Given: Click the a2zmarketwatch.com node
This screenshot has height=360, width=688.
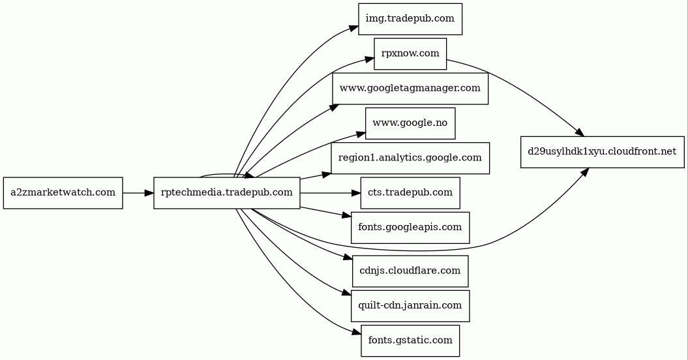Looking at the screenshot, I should click(63, 193).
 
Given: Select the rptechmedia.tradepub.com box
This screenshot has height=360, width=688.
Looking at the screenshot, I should click(226, 193).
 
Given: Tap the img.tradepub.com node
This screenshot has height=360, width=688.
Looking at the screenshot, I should click(410, 18).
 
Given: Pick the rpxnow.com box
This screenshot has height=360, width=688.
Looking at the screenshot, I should click(410, 53).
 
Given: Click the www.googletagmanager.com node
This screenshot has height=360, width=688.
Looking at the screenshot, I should click(410, 88).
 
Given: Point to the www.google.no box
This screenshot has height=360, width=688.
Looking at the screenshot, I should click(410, 123).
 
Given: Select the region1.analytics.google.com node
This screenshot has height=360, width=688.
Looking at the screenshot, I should click(410, 158).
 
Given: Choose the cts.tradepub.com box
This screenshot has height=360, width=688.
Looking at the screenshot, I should click(410, 193).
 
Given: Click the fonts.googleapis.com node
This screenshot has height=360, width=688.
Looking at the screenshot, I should click(410, 228).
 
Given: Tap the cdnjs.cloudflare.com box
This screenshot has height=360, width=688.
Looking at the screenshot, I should click(410, 271).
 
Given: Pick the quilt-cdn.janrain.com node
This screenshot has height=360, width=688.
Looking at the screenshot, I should click(410, 305).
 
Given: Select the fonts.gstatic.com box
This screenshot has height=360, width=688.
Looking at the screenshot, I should click(410, 340).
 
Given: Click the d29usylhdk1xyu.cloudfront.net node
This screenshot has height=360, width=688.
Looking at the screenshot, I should click(602, 152).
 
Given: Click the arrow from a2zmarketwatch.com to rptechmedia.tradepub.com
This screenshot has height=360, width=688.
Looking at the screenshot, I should click(138, 193).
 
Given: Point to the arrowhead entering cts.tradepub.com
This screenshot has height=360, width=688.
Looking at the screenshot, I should click(355, 193).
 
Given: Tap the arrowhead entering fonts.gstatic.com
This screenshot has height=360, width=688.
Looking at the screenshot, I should click(356, 333).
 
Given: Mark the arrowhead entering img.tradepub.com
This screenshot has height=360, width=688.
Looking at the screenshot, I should click(353, 28).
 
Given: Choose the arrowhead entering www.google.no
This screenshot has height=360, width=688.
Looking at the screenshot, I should click(361, 134).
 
